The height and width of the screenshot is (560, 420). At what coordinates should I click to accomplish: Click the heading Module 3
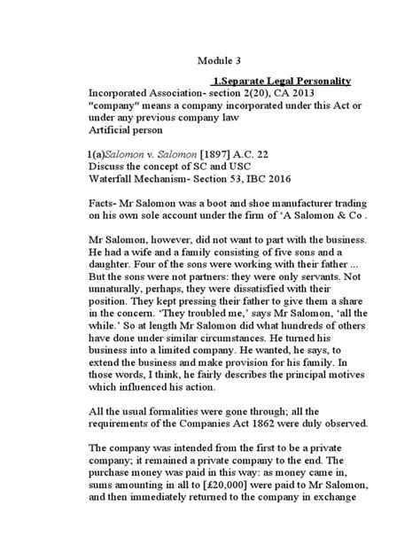coord(219,61)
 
